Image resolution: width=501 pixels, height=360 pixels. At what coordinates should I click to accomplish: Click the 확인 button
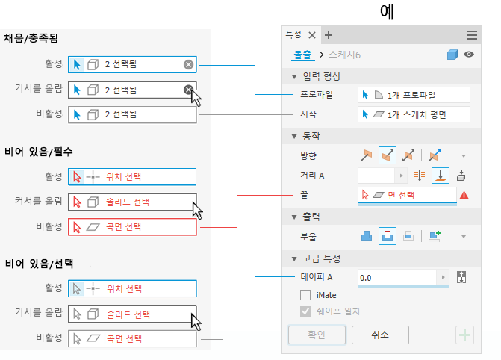[x=317, y=335]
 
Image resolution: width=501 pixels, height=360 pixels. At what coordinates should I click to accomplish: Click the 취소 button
[x=380, y=335]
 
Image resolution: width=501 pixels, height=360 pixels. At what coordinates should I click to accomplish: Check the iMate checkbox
[x=305, y=295]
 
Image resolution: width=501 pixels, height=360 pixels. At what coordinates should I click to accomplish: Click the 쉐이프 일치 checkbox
[x=305, y=312]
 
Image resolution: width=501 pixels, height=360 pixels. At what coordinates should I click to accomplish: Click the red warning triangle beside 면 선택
[x=464, y=195]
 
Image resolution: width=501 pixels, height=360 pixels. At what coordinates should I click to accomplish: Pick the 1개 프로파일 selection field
[x=414, y=95]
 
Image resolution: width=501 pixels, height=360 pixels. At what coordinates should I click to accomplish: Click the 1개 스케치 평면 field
[x=414, y=114]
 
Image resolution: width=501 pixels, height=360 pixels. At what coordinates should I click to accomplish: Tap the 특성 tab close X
[x=312, y=35]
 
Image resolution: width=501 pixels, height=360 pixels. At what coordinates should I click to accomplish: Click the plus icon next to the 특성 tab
[x=329, y=35]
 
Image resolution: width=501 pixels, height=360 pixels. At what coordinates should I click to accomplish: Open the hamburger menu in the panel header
[x=472, y=35]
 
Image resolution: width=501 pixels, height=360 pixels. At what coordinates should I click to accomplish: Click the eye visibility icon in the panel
[x=469, y=55]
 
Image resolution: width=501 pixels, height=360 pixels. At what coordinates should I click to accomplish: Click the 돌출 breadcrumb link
[x=301, y=55]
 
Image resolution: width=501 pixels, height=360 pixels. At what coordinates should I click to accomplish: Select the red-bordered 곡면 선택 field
[x=132, y=226]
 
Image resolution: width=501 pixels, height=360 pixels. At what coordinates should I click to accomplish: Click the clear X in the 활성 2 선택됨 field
[x=189, y=65]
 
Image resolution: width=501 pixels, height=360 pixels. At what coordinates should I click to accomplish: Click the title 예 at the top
[x=387, y=13]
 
